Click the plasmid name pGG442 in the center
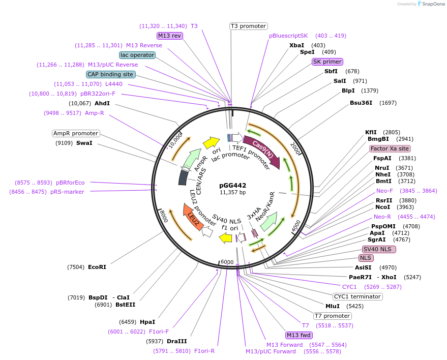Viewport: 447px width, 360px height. click(232, 185)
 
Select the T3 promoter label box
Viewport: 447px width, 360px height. click(249, 26)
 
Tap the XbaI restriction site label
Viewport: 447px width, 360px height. click(296, 45)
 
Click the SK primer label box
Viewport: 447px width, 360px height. click(327, 62)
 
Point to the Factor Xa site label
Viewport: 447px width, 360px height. click(390, 148)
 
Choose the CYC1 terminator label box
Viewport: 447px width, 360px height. click(357, 296)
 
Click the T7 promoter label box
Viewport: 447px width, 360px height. click(332, 316)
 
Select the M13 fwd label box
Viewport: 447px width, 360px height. click(299, 335)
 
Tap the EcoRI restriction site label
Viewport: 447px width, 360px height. click(97, 267)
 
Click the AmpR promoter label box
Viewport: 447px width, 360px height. click(76, 133)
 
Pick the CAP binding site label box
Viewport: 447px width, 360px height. click(110, 74)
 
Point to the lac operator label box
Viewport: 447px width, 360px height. click(137, 55)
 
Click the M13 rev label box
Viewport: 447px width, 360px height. click(169, 36)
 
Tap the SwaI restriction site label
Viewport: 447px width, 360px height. click(84, 143)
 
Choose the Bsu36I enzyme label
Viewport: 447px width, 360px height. click(361, 103)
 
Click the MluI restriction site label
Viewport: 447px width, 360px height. click(332, 306)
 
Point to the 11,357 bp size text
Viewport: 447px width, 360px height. click(232, 193)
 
